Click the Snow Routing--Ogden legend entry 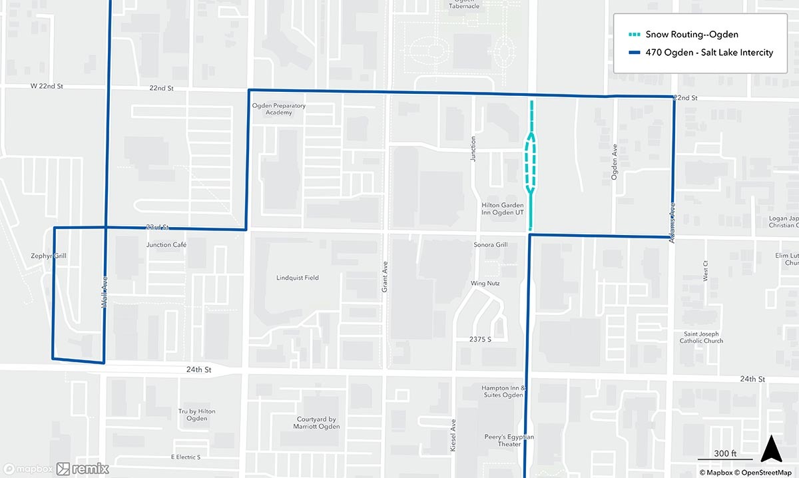pos(691,35)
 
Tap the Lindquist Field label pos(298,278)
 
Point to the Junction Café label pos(166,244)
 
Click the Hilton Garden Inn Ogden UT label pos(502,208)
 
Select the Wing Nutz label pos(485,284)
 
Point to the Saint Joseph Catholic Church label pos(701,338)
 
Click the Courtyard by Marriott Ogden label pos(318,423)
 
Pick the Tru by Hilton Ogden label pos(196,415)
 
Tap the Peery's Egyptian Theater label pos(509,440)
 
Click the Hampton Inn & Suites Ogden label pos(503,391)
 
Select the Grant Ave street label pos(385,273)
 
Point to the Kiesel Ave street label pos(453,436)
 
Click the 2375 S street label pos(479,340)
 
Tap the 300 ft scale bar pos(724,455)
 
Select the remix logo pos(83,469)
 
